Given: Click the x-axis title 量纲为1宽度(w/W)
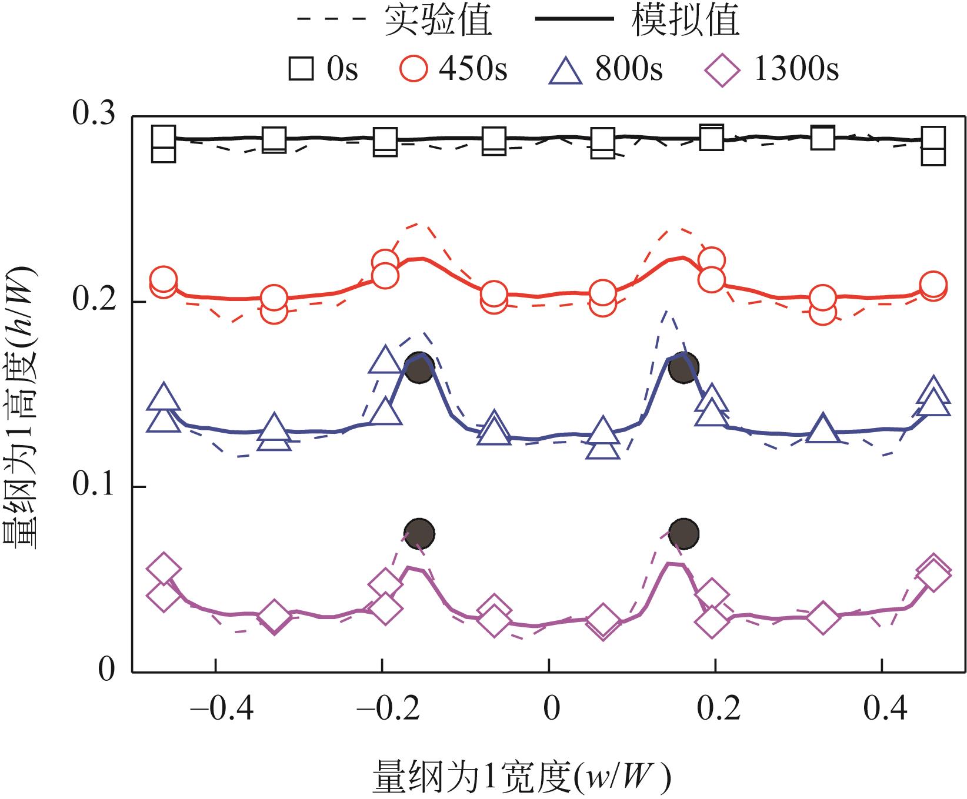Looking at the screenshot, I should (521, 777).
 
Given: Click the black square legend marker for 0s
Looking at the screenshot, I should (301, 69).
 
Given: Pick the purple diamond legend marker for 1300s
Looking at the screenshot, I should (722, 69).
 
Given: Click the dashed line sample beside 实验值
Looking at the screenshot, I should (334, 20).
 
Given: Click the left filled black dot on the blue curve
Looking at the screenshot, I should (420, 368).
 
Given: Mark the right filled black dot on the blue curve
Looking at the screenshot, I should (683, 368).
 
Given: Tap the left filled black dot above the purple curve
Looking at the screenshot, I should (419, 533).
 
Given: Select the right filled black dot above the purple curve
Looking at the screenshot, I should (683, 533).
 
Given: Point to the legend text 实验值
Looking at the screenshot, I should (439, 20).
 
